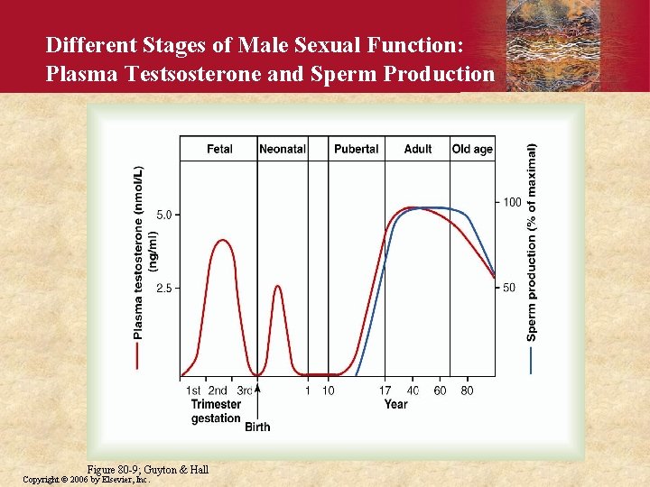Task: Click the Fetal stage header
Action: pyautogui.click(x=219, y=149)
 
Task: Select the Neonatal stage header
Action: pyautogui.click(x=282, y=149)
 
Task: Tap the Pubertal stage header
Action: pyautogui.click(x=356, y=149)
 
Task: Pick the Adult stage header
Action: pyautogui.click(x=418, y=149)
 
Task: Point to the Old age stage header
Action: pyautogui.click(x=472, y=149)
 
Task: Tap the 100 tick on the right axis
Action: pyautogui.click(x=512, y=202)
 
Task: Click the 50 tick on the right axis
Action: pyautogui.click(x=509, y=288)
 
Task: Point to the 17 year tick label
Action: pyautogui.click(x=385, y=391)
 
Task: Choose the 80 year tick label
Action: pyautogui.click(x=467, y=391)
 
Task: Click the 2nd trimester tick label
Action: pyautogui.click(x=218, y=391)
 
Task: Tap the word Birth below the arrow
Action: pyautogui.click(x=257, y=427)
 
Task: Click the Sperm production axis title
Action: pyautogui.click(x=532, y=243)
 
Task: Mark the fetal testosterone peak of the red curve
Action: pyautogui.click(x=219, y=240)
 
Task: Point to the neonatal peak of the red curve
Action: pyautogui.click(x=277, y=286)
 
